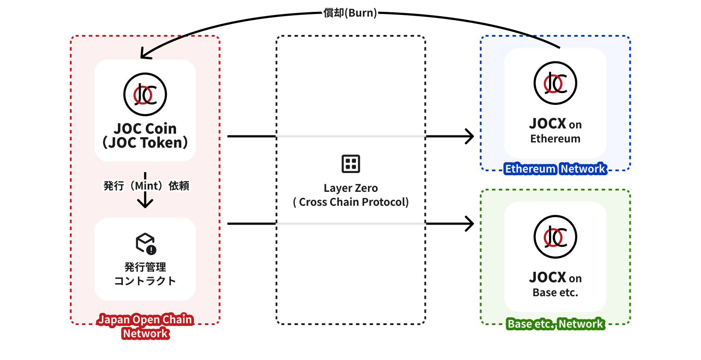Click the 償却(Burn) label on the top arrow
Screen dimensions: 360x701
click(350, 13)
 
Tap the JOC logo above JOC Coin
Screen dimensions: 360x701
click(145, 94)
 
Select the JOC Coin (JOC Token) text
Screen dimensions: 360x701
click(145, 135)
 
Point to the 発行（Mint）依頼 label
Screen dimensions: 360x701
click(146, 186)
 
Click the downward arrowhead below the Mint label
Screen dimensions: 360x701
click(145, 203)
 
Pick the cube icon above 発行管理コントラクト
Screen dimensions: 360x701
click(145, 243)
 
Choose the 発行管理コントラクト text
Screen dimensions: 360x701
click(145, 274)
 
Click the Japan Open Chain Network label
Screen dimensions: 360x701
click(145, 326)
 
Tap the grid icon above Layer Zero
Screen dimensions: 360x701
click(351, 164)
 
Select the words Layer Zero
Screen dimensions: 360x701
click(351, 188)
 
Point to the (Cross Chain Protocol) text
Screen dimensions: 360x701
click(351, 202)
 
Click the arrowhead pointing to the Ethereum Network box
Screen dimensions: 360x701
click(470, 136)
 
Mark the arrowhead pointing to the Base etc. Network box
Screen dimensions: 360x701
click(470, 224)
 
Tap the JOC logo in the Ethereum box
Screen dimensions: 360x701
click(555, 83)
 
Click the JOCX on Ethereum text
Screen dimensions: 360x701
click(555, 131)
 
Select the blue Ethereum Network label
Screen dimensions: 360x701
click(556, 169)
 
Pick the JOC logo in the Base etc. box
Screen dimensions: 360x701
click(555, 237)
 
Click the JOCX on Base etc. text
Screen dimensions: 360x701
click(555, 284)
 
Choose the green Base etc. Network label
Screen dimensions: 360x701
click(556, 324)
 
